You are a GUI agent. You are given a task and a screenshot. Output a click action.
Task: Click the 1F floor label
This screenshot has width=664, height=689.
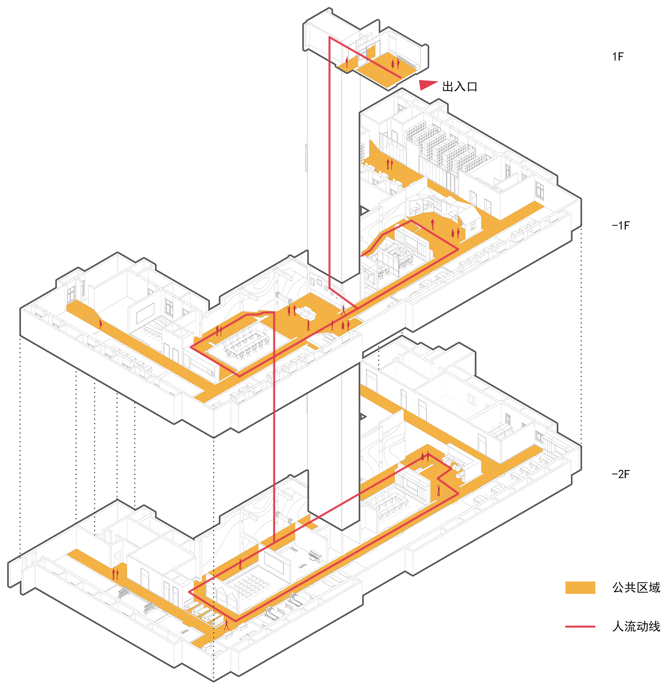(x=618, y=57)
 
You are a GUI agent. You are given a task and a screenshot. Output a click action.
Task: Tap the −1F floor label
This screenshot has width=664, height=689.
(x=621, y=226)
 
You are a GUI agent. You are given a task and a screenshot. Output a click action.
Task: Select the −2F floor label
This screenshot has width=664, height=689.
(x=621, y=474)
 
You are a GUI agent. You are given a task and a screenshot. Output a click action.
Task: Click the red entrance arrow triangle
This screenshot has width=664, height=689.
(x=428, y=85)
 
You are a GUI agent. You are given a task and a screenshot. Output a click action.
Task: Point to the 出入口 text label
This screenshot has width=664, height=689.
(x=460, y=87)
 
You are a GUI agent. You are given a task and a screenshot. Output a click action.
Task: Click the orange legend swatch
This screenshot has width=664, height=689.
(x=580, y=588)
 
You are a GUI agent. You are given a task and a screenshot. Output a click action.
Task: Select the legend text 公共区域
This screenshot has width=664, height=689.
(x=636, y=588)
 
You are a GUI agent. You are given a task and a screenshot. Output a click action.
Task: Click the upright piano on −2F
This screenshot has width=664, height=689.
(x=315, y=556)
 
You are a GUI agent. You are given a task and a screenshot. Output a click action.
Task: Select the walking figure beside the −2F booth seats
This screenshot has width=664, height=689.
(x=226, y=624)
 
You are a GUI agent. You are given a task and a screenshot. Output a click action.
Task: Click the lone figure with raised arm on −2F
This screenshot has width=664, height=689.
(x=438, y=490)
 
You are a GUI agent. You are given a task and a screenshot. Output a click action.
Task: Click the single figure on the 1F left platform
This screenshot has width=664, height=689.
(x=347, y=62)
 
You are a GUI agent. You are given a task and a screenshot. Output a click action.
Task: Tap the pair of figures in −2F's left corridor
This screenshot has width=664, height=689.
(x=115, y=574)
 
